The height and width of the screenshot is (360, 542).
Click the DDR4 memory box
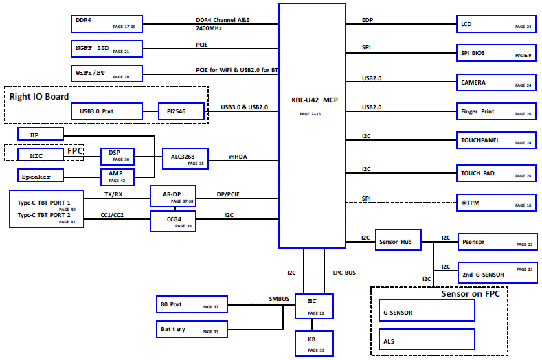click(106, 24)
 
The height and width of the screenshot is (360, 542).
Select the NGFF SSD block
click(106, 49)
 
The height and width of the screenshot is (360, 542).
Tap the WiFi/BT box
click(106, 74)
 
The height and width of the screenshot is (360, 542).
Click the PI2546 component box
click(181, 111)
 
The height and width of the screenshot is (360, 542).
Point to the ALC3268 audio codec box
click(185, 159)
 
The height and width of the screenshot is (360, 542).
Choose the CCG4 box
click(173, 221)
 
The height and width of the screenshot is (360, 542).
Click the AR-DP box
click(173, 196)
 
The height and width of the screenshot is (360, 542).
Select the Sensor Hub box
click(398, 240)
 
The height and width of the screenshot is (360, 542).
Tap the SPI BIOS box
click(496, 53)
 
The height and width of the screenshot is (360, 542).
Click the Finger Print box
click(496, 111)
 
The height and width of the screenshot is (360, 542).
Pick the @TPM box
click(496, 202)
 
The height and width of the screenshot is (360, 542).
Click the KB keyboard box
click(314, 344)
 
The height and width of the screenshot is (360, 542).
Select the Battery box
click(192, 329)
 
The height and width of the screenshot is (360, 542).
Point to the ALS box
click(427, 339)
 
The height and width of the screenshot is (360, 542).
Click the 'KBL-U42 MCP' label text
click(315, 100)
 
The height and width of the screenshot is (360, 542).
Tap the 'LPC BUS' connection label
click(344, 273)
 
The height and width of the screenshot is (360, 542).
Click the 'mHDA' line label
click(238, 157)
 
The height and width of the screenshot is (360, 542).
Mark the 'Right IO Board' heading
click(39, 96)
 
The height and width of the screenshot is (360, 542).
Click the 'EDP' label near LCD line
click(368, 20)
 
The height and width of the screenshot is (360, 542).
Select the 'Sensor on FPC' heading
click(471, 294)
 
